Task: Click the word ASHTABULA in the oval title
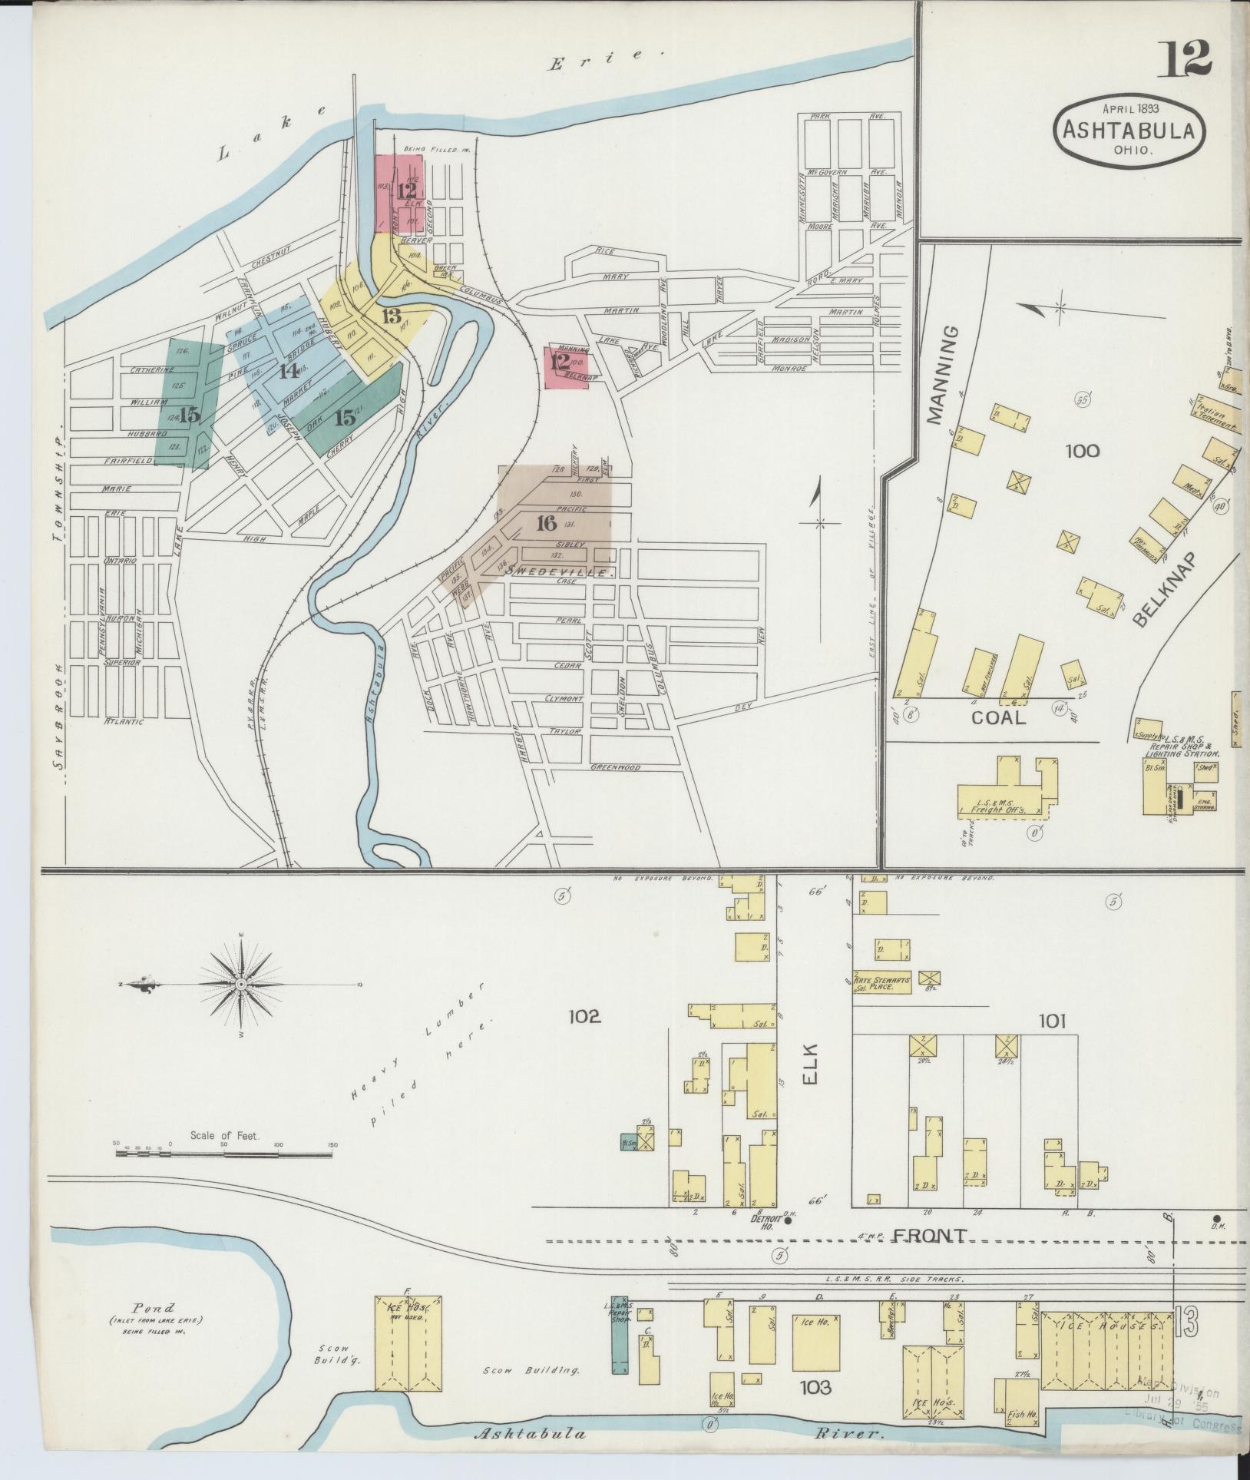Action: [x=1128, y=131]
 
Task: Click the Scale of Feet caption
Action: [x=225, y=1134]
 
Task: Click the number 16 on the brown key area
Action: [x=546, y=524]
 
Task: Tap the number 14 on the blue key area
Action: [x=288, y=372]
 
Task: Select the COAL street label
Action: [x=997, y=717]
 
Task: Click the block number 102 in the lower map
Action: [x=584, y=1017]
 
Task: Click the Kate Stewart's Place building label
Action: [x=883, y=983]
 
